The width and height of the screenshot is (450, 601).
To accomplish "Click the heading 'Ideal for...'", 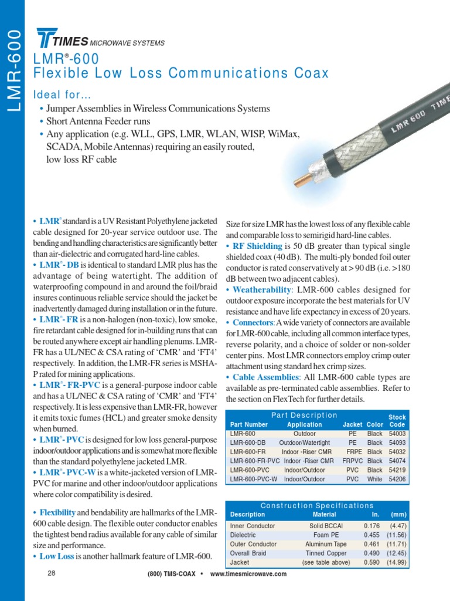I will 62,95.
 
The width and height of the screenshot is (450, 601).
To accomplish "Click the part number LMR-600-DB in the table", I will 248,443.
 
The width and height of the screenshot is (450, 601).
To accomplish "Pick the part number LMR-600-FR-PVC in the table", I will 254,461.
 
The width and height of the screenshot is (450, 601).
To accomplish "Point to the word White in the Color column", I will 374,480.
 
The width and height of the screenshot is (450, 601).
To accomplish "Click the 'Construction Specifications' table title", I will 317,505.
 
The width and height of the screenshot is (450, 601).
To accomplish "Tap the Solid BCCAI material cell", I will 325,526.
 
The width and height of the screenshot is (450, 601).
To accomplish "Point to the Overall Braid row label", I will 248,553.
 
